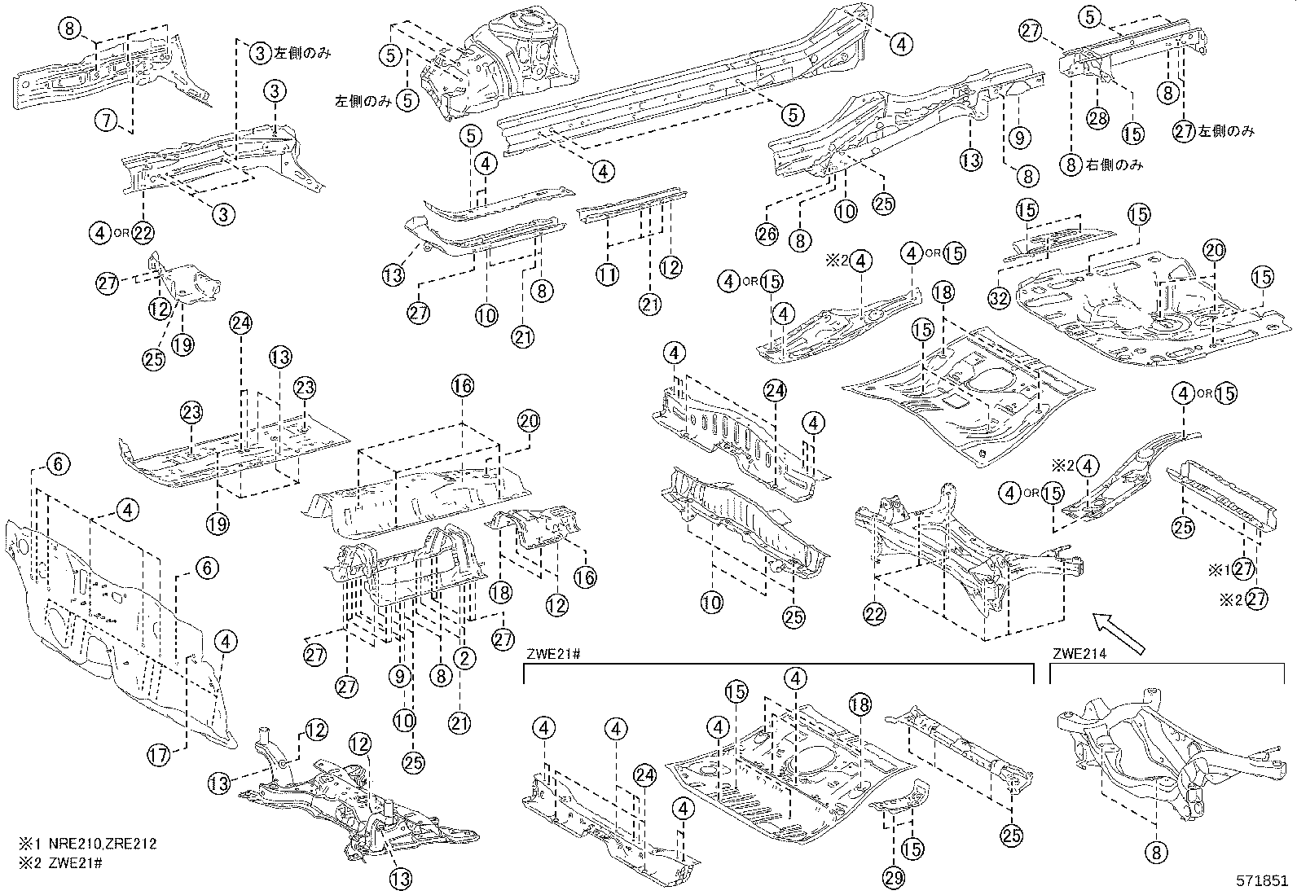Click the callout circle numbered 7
tap(106, 121)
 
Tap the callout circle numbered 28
tap(1098, 118)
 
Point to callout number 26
tap(767, 235)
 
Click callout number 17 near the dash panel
tap(160, 756)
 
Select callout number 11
tap(606, 275)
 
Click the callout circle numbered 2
tap(464, 659)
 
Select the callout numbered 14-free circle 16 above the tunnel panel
tap(462, 386)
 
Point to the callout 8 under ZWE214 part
tap(1155, 852)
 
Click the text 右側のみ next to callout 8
tap(1114, 165)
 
